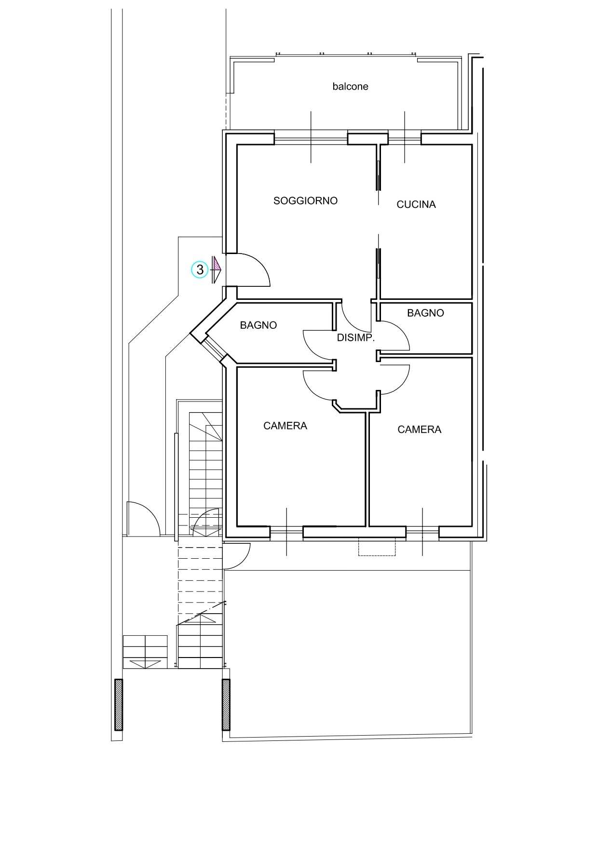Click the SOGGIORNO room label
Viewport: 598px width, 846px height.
click(305, 201)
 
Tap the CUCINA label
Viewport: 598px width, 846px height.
click(416, 204)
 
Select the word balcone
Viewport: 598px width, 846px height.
click(351, 86)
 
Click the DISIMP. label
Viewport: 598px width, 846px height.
click(356, 338)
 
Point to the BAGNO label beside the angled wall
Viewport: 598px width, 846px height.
click(258, 325)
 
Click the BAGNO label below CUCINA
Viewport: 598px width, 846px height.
click(425, 313)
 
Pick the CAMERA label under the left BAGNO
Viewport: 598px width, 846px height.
click(285, 426)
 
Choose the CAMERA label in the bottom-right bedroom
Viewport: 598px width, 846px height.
click(420, 430)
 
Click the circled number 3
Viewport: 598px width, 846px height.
click(200, 269)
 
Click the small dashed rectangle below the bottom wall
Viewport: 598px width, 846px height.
click(377, 547)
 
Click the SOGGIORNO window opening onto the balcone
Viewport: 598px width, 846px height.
click(311, 139)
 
